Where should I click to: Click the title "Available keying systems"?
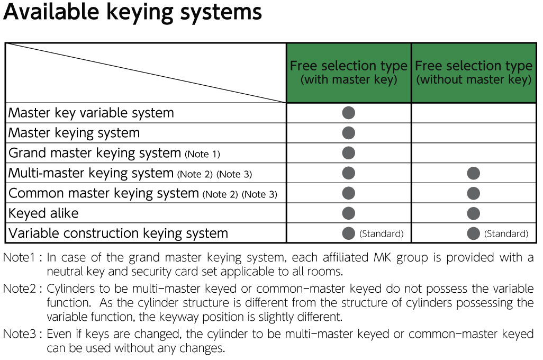click(132, 13)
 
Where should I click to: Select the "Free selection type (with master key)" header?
click(348, 73)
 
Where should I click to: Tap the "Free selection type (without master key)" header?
click(473, 73)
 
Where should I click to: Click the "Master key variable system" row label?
click(91, 113)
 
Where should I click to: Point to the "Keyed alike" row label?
click(43, 213)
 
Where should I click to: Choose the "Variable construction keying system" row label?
click(118, 233)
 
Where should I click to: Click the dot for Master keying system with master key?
click(348, 133)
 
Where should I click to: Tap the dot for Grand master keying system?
click(348, 153)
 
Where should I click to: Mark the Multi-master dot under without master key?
click(473, 173)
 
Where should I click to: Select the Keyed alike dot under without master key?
click(473, 213)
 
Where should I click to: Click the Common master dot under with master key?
click(348, 193)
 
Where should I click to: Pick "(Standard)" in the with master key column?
click(381, 234)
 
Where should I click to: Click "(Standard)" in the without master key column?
click(506, 234)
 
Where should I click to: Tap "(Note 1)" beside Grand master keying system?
click(203, 154)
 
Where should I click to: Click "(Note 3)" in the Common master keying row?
click(259, 194)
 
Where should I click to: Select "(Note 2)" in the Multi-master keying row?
click(195, 174)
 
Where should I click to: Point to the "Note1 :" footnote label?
click(23, 258)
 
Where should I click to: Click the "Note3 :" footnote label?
click(23, 335)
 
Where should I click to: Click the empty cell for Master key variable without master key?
click(473, 113)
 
